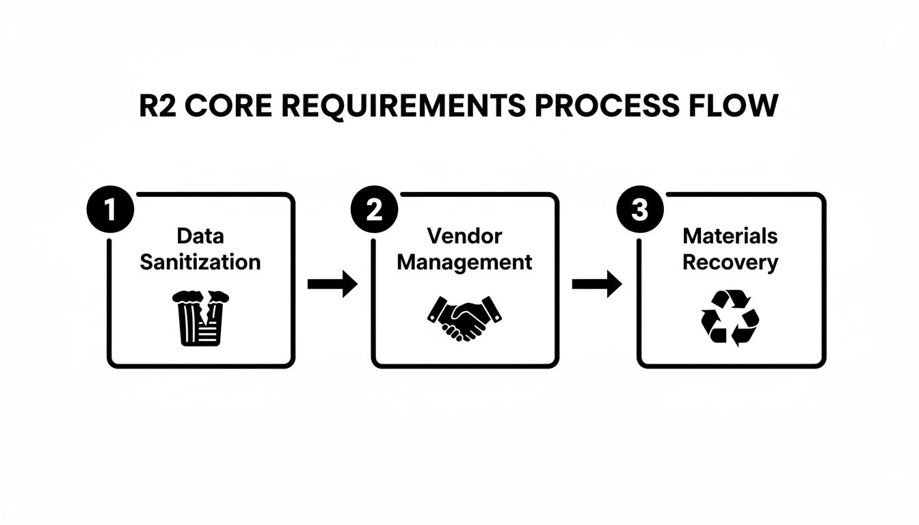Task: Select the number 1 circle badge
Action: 109,210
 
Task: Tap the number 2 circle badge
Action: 373,210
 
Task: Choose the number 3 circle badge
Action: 639,210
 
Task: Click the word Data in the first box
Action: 200,237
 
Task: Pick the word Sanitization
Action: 200,262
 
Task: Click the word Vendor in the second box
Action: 464,237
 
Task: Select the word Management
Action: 464,262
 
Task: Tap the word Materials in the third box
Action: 730,237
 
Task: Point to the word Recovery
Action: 730,263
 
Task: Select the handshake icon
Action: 464,317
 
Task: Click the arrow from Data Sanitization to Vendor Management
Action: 332,284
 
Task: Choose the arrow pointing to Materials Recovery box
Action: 597,284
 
